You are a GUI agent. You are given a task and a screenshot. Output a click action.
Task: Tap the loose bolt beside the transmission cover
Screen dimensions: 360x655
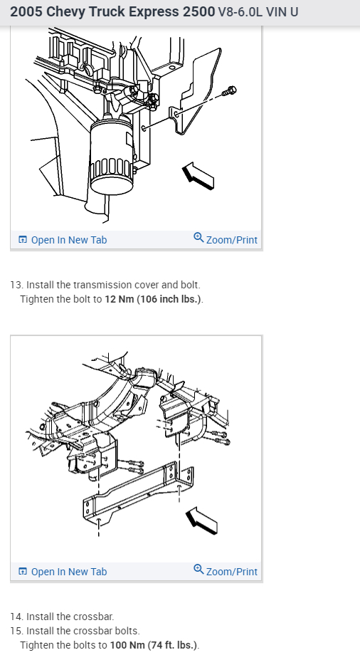tap(229, 90)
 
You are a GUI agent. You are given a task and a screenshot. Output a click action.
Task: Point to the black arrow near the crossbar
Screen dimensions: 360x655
tap(201, 520)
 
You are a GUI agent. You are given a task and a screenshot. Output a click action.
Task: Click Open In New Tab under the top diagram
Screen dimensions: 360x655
tap(63, 240)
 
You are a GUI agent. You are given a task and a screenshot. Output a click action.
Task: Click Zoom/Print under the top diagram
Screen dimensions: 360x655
tap(226, 239)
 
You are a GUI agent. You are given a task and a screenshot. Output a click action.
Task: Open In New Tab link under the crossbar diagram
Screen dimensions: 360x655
tap(63, 572)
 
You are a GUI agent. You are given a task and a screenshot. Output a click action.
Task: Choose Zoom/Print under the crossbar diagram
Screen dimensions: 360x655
tap(226, 571)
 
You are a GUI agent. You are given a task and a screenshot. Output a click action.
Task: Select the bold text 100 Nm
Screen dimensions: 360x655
tap(127, 645)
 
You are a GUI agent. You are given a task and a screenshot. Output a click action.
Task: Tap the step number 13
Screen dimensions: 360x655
tap(16, 285)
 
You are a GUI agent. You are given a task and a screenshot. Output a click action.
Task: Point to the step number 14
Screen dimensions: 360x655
tap(16, 617)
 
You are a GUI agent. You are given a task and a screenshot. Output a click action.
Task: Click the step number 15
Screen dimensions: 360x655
tap(16, 631)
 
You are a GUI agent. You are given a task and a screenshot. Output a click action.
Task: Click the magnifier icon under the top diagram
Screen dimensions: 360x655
tap(198, 238)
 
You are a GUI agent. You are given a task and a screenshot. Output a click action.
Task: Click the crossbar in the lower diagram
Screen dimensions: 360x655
tap(138, 491)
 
